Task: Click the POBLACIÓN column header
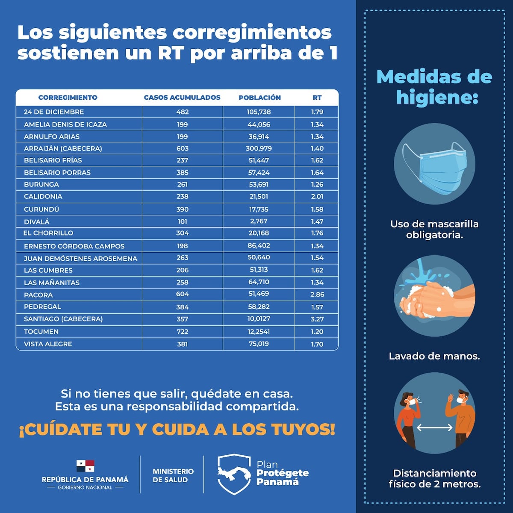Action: point(259,97)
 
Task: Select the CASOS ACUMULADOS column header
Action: point(182,97)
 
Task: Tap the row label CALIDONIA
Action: point(43,197)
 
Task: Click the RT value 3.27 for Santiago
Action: point(317,319)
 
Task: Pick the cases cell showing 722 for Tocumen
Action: point(182,332)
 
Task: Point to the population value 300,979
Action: point(259,148)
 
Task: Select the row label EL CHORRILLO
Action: point(48,233)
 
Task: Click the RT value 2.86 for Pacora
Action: point(317,295)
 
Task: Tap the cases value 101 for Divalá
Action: point(182,221)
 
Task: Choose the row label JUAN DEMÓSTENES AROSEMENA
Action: point(80,258)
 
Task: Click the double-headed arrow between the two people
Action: point(434,427)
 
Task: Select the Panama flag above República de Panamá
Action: point(85,466)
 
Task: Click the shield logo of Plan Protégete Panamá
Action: point(234,474)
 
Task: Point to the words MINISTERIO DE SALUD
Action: point(173,475)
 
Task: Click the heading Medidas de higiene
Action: point(434,87)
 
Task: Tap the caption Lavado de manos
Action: point(434,356)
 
